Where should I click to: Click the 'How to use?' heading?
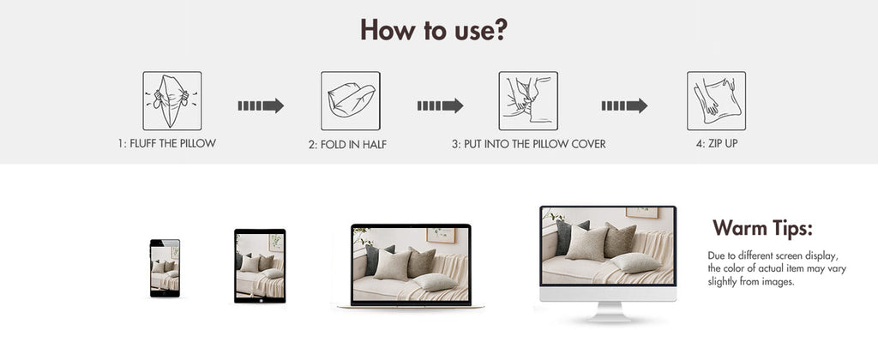click(x=433, y=30)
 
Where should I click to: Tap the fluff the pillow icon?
click(x=171, y=101)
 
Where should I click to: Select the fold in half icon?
click(x=351, y=101)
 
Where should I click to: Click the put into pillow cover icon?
click(x=528, y=101)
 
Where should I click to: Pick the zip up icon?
click(x=716, y=101)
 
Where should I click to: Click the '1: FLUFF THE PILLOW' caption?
click(x=167, y=143)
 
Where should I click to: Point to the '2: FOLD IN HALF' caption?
click(x=347, y=145)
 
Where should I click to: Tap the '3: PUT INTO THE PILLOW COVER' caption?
click(x=528, y=144)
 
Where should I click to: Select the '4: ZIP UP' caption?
click(x=717, y=143)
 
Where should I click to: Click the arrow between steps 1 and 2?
click(x=261, y=105)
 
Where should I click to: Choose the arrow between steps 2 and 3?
click(x=440, y=105)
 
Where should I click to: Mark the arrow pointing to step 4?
click(x=624, y=105)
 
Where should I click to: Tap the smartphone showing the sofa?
click(x=165, y=268)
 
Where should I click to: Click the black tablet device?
click(x=260, y=266)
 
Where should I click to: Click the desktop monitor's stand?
click(x=608, y=312)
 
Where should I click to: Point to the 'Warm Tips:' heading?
click(x=762, y=229)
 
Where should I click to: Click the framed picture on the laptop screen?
click(x=441, y=235)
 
